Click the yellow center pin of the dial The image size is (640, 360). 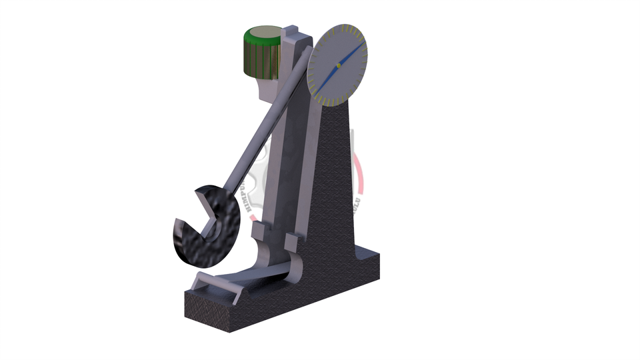[339, 65]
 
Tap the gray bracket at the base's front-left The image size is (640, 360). [213, 283]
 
